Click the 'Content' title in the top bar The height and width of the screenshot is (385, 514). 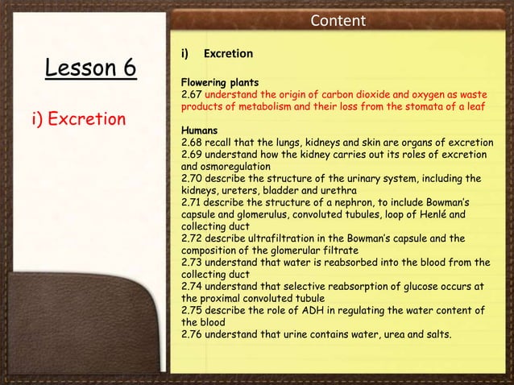point(338,20)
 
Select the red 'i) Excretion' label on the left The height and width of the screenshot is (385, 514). point(79,119)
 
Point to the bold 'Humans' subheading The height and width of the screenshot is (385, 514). point(198,129)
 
